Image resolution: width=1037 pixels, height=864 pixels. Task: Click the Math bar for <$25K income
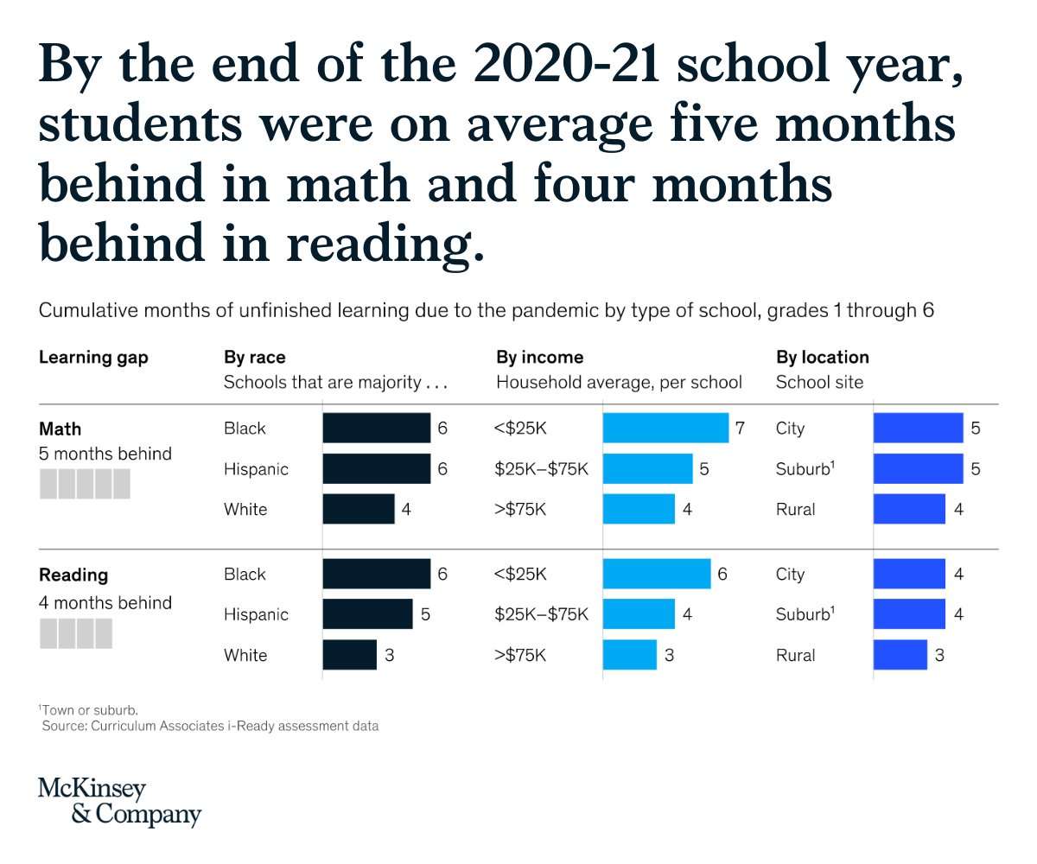[665, 428]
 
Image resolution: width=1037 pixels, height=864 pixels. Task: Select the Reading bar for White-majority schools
[350, 654]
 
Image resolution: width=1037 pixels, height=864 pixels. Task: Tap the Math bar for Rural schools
[909, 509]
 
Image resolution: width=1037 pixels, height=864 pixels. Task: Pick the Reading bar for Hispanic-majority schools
[367, 614]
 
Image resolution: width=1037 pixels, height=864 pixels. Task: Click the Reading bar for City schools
[909, 574]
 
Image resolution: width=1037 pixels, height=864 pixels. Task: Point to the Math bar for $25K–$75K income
[647, 468]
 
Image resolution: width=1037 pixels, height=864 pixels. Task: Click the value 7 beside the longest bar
[740, 428]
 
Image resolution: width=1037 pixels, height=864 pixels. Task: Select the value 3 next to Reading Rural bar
[940, 655]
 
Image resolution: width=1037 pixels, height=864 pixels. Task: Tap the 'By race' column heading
[254, 357]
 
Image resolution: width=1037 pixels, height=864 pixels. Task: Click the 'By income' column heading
[539, 357]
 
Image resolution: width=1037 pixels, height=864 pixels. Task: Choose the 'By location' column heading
[822, 357]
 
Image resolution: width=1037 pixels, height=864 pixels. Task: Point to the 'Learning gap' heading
[93, 357]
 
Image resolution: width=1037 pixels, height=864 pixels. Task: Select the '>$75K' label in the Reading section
[520, 655]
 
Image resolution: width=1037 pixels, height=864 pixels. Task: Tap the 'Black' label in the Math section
[245, 429]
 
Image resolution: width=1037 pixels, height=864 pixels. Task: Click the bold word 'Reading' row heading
[73, 575]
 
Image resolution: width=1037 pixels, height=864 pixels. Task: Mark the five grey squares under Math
[85, 484]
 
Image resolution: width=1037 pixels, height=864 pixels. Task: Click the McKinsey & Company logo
[119, 801]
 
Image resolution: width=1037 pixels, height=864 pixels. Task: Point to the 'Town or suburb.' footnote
[90, 709]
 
